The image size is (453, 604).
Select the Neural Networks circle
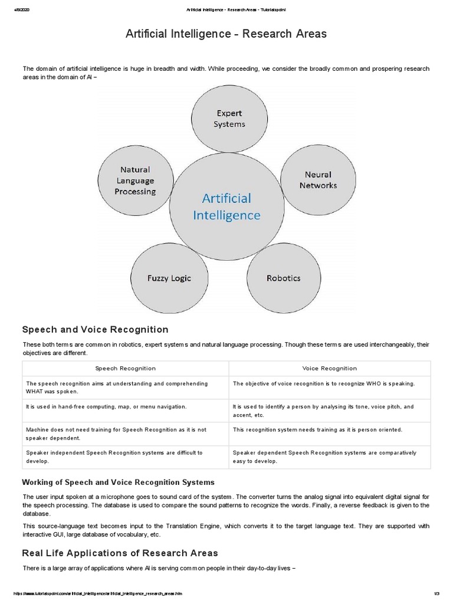318,180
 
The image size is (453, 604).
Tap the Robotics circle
283,278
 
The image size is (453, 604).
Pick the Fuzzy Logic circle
169,278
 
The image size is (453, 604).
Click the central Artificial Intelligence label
226,206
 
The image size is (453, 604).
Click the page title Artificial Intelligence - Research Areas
226,34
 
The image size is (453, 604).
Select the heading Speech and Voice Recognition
95,330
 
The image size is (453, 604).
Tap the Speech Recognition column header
126,368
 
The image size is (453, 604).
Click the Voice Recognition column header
329,368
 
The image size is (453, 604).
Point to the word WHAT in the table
35,391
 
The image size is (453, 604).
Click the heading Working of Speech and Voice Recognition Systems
118,482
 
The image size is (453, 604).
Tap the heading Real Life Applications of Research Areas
120,553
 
